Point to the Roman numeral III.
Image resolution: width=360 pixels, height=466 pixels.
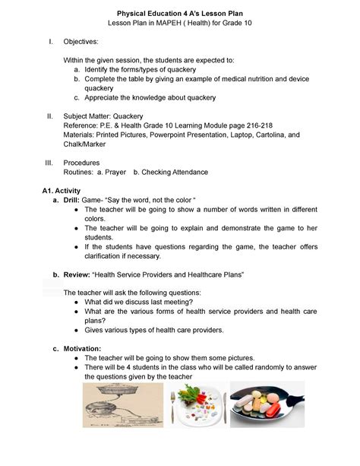49,163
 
